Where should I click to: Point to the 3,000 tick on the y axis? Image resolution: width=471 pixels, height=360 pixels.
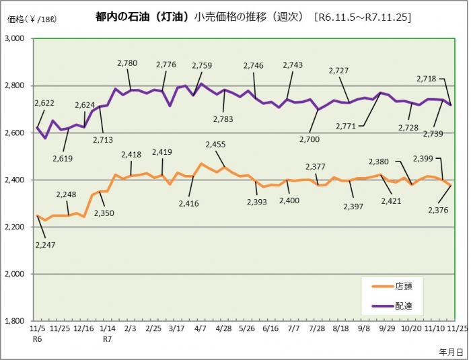13,39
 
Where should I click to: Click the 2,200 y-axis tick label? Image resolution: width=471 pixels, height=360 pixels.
13,227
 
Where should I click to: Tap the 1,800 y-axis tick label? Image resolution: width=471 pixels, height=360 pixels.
13,322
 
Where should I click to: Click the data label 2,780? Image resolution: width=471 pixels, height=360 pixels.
127,63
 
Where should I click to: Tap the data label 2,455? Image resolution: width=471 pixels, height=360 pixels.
215,144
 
